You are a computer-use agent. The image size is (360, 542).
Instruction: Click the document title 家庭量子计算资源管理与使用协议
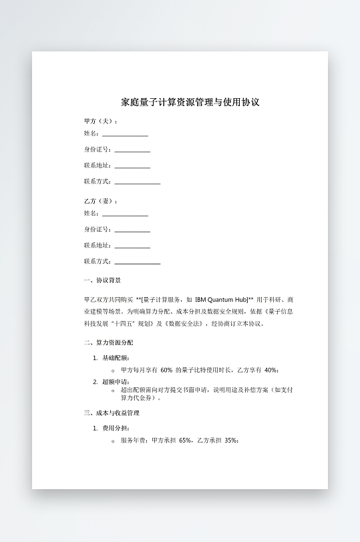(190, 103)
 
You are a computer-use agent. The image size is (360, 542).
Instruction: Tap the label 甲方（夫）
(100, 121)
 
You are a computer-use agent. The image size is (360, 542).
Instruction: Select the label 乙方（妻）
(100, 201)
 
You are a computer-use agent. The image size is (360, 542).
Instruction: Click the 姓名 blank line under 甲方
(125, 135)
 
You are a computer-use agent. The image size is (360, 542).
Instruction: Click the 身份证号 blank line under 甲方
(132, 151)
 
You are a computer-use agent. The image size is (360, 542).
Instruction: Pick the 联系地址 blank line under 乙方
(132, 246)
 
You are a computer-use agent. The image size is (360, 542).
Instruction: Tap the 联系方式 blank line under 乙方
(137, 262)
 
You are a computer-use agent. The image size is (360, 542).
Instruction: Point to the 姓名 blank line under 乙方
(125, 214)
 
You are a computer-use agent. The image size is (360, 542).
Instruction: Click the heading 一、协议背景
(102, 280)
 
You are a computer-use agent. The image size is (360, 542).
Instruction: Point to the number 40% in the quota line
(271, 370)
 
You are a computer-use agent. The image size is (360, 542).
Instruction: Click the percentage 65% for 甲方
(186, 441)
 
